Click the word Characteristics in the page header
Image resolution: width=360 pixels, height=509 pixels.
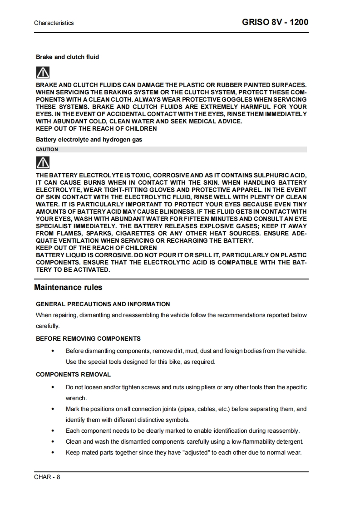54,23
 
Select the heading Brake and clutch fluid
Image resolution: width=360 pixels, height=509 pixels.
67,57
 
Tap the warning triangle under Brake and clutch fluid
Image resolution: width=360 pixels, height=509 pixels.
43,72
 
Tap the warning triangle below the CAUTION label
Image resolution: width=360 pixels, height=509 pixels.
43,162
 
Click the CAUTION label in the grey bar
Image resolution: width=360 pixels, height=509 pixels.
47,149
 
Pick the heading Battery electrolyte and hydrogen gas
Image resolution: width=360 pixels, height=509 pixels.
89,139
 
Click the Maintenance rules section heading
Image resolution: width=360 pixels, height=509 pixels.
68,287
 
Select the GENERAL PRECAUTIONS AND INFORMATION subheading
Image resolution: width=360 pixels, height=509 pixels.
103,304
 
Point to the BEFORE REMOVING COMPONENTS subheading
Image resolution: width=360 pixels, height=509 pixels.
88,338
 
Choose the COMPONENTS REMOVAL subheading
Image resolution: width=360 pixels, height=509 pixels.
73,374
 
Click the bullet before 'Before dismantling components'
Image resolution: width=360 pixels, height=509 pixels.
54,351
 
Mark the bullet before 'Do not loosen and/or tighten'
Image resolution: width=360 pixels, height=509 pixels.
54,387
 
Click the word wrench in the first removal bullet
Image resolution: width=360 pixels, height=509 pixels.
76,398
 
